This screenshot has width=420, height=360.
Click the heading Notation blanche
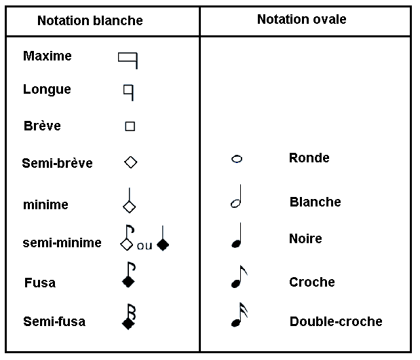tap(90, 20)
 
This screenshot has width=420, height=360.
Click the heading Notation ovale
tap(302, 19)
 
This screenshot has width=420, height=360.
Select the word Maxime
tap(47, 56)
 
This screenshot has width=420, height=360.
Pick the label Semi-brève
tap(57, 163)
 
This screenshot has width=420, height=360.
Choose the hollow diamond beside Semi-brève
tap(131, 162)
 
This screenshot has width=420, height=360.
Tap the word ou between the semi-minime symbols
tap(145, 246)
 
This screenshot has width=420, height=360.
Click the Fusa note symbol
tap(129, 275)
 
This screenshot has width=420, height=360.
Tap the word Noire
tap(305, 238)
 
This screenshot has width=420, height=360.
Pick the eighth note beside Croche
tap(240, 276)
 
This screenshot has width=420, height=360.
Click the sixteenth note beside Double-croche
tap(240, 314)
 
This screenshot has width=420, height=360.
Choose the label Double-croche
tap(336, 321)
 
